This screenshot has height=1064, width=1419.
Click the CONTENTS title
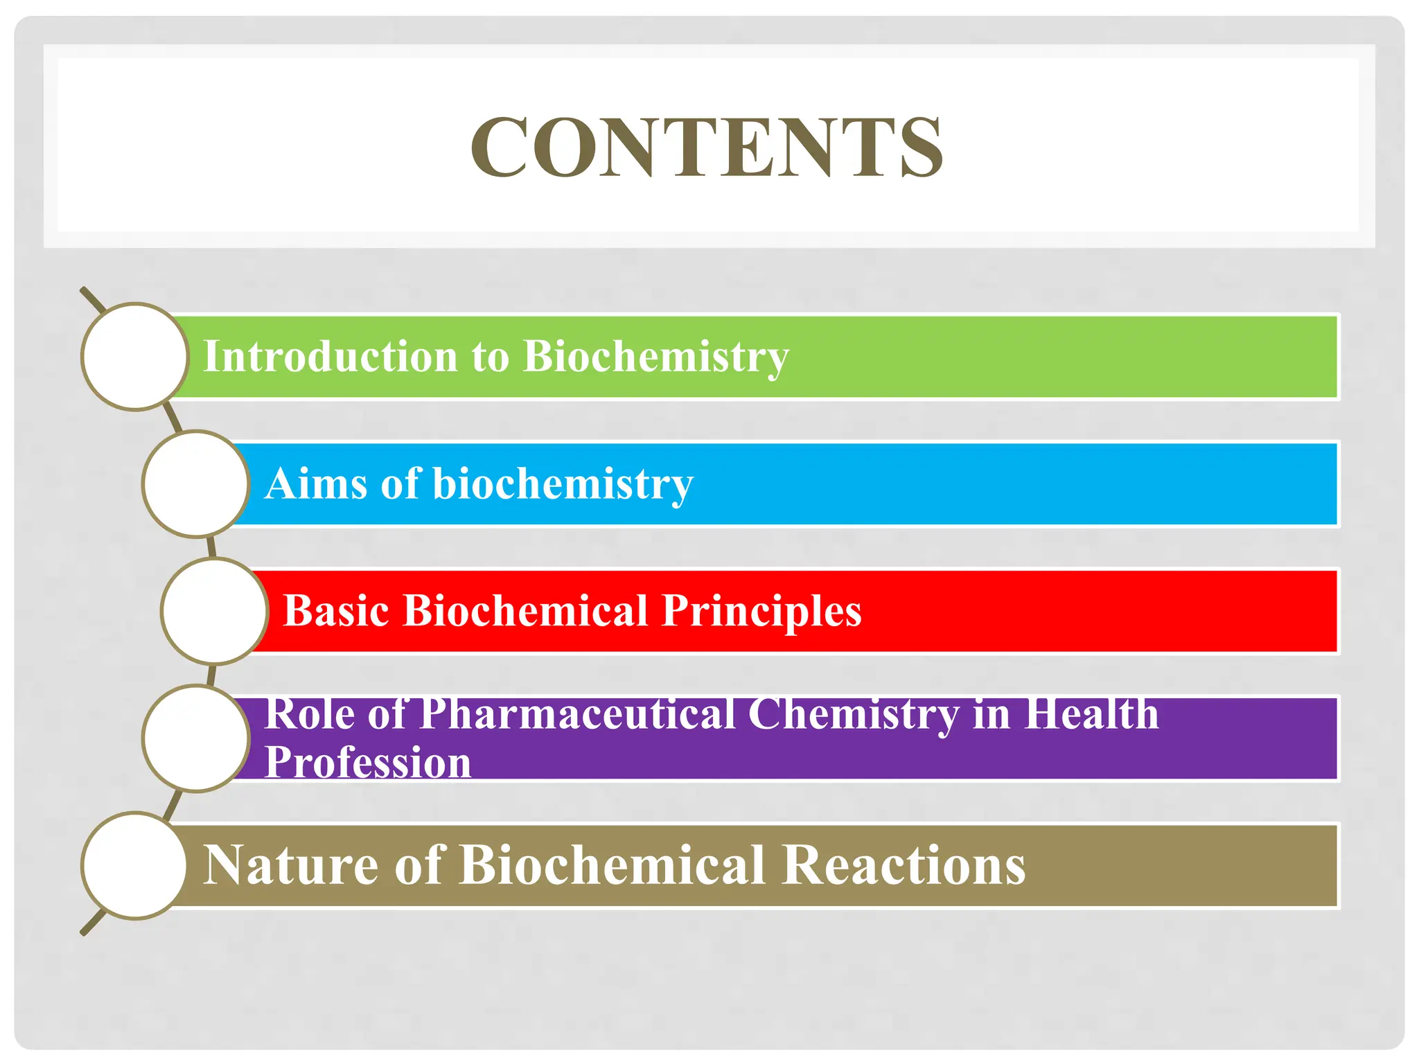point(707,147)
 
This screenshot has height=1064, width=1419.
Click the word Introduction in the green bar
point(330,357)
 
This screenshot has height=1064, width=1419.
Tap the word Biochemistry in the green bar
point(655,357)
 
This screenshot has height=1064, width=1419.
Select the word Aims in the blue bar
point(315,484)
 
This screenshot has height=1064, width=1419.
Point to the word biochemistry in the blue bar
point(563,484)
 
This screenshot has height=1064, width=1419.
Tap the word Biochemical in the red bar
point(525,611)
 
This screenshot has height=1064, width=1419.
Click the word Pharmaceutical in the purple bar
point(577,713)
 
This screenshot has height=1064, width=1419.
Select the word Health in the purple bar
point(1091,713)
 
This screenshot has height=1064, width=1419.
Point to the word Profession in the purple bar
point(368,762)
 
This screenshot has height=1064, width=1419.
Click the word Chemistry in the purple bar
point(854,713)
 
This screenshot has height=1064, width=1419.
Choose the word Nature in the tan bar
point(290,865)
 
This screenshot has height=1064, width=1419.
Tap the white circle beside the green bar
point(135,357)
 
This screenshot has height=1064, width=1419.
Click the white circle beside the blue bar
point(195,484)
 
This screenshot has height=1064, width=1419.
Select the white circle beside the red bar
point(214,611)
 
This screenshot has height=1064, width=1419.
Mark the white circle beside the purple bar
point(195,738)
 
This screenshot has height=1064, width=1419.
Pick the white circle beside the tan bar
point(135,865)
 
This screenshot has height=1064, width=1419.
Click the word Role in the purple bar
point(309,713)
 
